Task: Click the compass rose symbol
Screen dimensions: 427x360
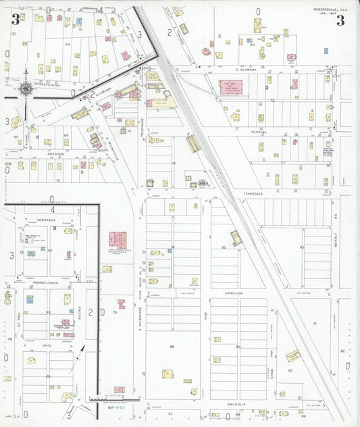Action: coord(26,87)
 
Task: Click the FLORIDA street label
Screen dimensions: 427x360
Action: coord(260,132)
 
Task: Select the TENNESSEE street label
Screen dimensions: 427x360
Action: coord(253,193)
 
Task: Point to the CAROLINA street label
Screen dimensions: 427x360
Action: coord(234,293)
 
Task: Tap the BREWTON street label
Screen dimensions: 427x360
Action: coord(55,154)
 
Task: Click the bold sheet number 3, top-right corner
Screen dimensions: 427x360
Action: coord(340,20)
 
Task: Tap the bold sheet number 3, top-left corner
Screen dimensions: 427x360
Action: coord(15,19)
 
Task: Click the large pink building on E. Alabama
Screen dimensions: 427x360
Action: coord(230,88)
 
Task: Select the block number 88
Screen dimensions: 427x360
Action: coord(172,347)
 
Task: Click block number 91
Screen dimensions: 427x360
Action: coord(314,324)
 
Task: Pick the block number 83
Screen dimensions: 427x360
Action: coord(302,247)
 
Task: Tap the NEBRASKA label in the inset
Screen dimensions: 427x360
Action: coord(47,220)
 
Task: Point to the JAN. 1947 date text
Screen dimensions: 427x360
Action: coord(327,14)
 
